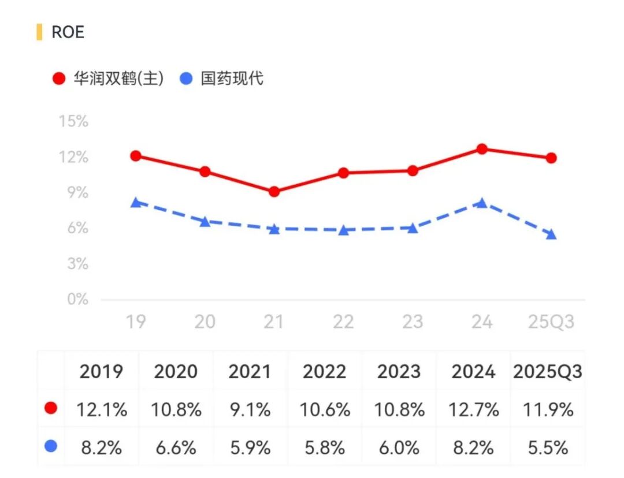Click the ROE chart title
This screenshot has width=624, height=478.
[x=68, y=32]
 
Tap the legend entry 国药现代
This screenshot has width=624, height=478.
[x=223, y=79]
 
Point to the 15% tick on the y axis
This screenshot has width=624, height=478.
[x=73, y=122]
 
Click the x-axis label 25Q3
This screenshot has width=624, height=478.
[x=551, y=322]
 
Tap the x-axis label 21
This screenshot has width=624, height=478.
[x=274, y=322]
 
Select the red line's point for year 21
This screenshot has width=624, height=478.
[x=274, y=192]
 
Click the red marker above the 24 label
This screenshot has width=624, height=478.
[x=481, y=149]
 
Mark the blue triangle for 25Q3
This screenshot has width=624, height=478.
[x=551, y=234]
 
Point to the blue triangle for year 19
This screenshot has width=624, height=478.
[x=136, y=202]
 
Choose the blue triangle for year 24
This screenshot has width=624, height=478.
[x=481, y=203]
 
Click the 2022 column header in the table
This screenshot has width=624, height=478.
[x=325, y=372]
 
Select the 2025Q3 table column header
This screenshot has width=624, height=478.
[x=547, y=372]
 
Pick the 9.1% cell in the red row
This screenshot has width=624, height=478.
[x=250, y=410]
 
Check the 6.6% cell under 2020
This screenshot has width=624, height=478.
[x=176, y=447]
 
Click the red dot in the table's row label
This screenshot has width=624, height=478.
[x=51, y=409]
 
